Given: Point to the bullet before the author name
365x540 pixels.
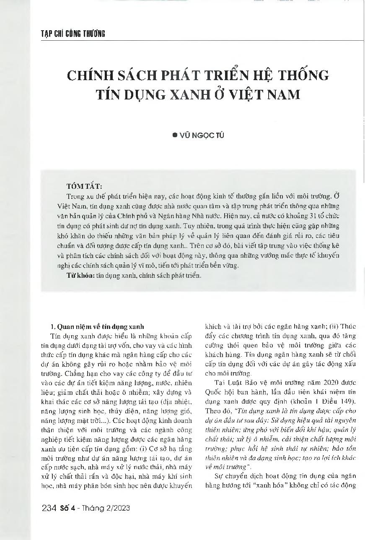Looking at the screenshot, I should [x=175, y=136].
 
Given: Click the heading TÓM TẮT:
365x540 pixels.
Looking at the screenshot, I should [x=83, y=186].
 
